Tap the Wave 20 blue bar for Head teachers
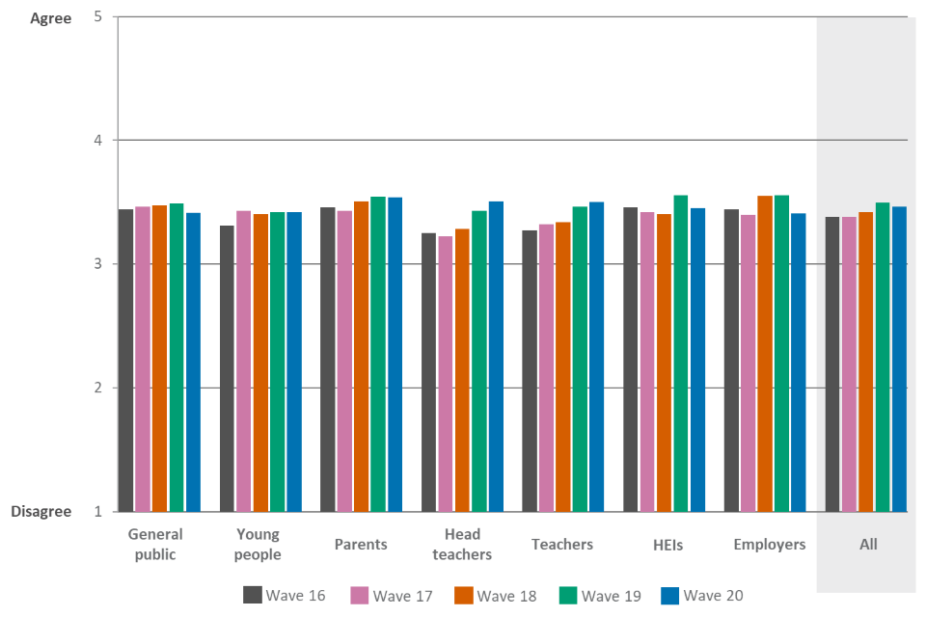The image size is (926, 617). coord(496,356)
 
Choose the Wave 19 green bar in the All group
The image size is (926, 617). coord(883,357)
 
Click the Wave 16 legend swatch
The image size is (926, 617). coord(253,595)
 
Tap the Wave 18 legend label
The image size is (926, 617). coord(507,595)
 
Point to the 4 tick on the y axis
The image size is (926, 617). coord(97,141)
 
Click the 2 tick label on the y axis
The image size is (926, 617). coord(97,388)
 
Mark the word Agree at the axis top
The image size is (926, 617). coord(51,18)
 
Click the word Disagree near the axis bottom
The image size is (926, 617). coord(41,512)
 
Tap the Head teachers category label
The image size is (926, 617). coord(462,544)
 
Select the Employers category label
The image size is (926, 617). coord(769,545)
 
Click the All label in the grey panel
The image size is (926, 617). coord(868,545)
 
